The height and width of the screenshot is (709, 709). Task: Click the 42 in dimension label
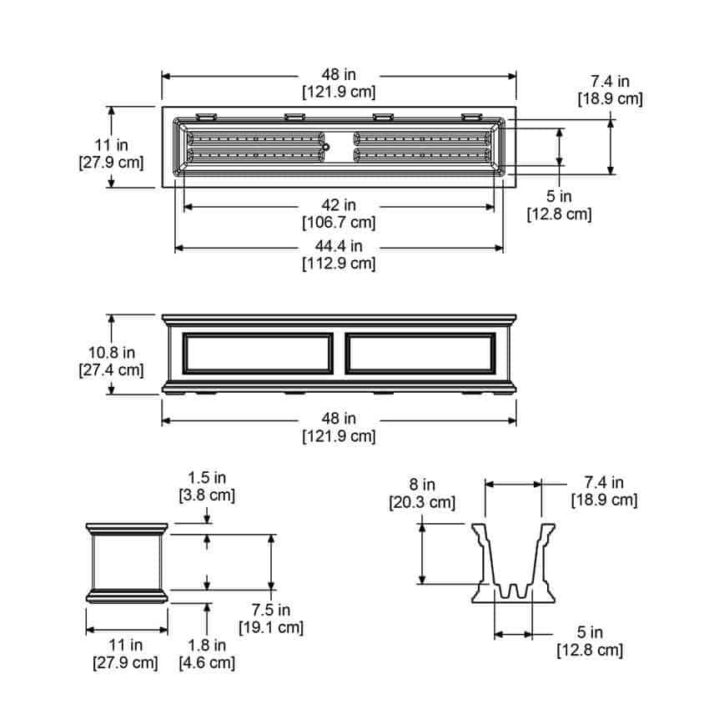339,205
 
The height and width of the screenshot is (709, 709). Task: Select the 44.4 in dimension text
339,246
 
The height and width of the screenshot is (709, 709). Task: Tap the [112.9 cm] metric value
339,263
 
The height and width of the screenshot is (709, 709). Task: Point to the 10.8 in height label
111,352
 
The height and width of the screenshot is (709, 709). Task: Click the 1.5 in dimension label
207,477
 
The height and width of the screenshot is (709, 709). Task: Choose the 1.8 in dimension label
207,646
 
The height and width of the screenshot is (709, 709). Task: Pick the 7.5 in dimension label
271,610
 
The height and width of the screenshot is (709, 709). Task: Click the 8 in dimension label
422,485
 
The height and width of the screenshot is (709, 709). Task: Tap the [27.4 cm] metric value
111,370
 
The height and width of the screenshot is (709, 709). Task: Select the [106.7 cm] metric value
339,223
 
